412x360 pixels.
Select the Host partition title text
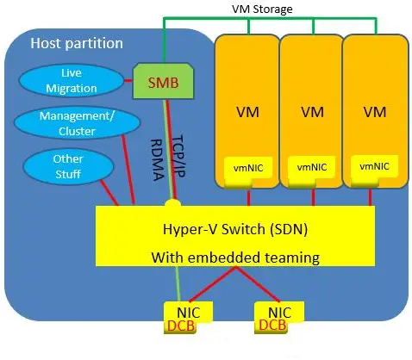(x=77, y=42)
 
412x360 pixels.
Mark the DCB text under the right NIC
(x=272, y=326)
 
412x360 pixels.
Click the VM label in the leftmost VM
(x=247, y=112)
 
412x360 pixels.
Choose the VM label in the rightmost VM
(x=373, y=112)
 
